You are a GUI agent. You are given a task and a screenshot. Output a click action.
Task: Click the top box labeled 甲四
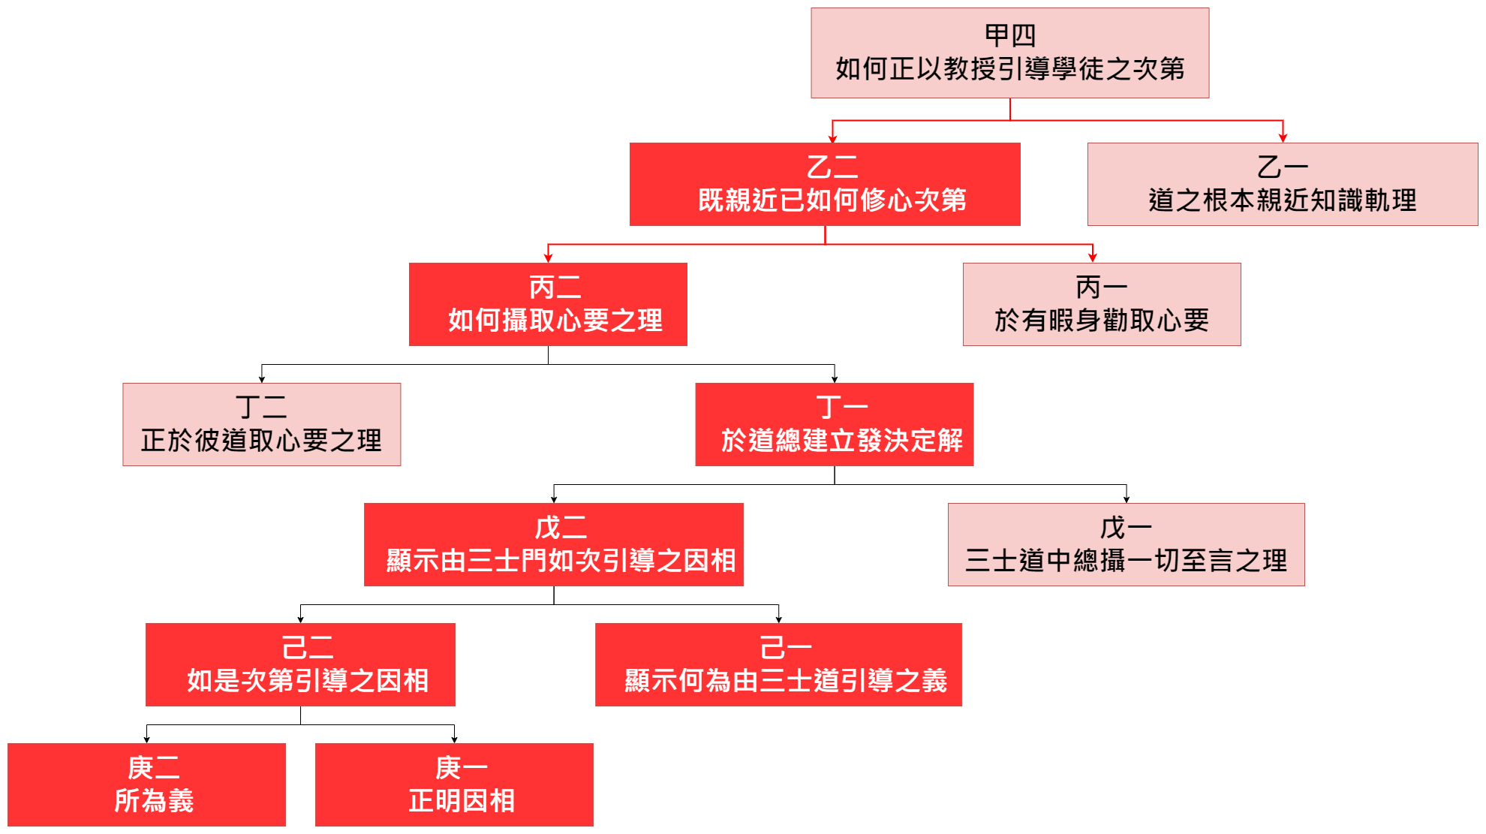[1009, 53]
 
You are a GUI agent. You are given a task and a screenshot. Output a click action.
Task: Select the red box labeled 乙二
[825, 184]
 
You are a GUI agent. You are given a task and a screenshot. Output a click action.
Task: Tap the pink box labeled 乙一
[1282, 184]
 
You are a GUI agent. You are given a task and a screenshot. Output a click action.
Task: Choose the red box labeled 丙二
[548, 304]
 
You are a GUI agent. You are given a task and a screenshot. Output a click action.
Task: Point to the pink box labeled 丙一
[1101, 304]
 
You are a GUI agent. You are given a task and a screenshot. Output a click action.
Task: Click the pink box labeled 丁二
[261, 424]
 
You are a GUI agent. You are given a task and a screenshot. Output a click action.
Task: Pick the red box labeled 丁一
[834, 424]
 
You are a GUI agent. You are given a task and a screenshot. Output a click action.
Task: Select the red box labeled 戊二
[554, 544]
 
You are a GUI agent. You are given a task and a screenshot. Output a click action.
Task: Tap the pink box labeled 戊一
[1126, 544]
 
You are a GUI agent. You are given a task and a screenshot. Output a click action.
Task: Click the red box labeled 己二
[300, 664]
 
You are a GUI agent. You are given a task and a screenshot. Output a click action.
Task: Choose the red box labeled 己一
[778, 664]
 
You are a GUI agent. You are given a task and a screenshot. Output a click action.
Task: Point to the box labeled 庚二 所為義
[147, 784]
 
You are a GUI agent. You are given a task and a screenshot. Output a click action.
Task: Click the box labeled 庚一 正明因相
[454, 784]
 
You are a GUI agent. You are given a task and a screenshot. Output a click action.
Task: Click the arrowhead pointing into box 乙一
[1283, 137]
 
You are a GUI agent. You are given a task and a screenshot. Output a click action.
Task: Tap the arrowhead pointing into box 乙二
[832, 137]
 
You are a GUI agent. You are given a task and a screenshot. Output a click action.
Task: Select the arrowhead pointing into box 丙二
[548, 257]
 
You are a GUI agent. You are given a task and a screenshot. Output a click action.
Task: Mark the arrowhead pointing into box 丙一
[1093, 257]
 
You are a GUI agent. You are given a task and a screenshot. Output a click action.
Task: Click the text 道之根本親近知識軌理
[1282, 200]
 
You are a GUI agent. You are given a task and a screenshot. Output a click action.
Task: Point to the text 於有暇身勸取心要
[1101, 321]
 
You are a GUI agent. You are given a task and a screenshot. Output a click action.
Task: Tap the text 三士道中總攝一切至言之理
[1126, 561]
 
